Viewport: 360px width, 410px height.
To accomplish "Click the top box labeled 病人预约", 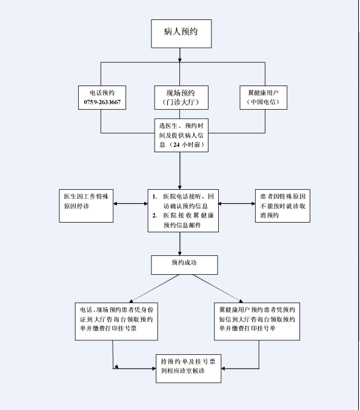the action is pyautogui.click(x=181, y=34).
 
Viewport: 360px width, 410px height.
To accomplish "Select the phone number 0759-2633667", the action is pyautogui.click(x=102, y=102).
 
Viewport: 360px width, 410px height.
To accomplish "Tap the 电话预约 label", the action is pyautogui.click(x=102, y=93).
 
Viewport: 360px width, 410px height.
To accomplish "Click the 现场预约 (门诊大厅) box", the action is pyautogui.click(x=181, y=98).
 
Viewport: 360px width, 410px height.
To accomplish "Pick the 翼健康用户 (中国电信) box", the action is pyautogui.click(x=264, y=98).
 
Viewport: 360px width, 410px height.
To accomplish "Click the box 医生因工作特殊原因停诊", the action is pyautogui.click(x=86, y=206).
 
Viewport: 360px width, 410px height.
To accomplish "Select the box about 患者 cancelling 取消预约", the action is pyautogui.click(x=282, y=206).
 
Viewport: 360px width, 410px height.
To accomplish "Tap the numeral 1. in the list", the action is pyautogui.click(x=155, y=197).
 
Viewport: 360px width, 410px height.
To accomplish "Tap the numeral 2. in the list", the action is pyautogui.click(x=155, y=215).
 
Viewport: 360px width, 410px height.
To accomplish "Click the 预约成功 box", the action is pyautogui.click(x=184, y=265).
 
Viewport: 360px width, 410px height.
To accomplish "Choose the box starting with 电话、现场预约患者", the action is pyautogui.click(x=116, y=321).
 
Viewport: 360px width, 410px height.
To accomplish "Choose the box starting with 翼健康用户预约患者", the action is pyautogui.click(x=257, y=321).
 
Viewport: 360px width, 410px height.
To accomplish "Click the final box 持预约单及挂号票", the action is pyautogui.click(x=188, y=369).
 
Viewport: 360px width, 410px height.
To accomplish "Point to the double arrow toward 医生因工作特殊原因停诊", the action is pyautogui.click(x=131, y=203).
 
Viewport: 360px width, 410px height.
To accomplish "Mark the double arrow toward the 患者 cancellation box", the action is pyautogui.click(x=237, y=203).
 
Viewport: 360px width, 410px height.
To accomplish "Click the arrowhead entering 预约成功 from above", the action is pyautogui.click(x=180, y=254).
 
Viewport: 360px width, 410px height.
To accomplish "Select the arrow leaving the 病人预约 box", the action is pyautogui.click(x=180, y=55).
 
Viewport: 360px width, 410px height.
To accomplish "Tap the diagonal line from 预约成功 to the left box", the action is pyautogui.click(x=155, y=289).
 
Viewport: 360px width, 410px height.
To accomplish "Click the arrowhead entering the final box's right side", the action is pyautogui.click(x=223, y=369).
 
